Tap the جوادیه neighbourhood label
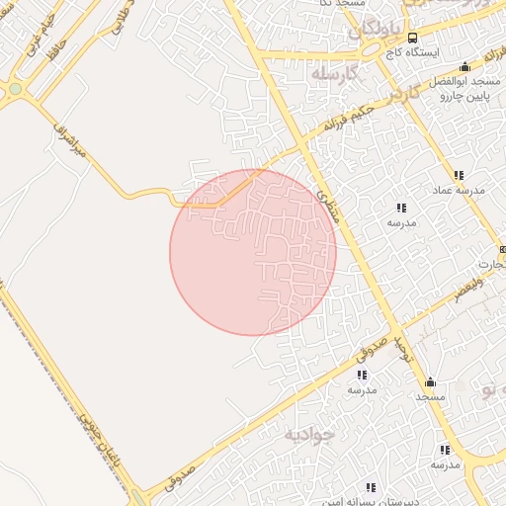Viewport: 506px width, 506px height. point(309,434)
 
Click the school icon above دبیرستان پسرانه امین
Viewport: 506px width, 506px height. point(371,487)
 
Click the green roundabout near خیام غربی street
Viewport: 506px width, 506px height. point(15,90)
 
